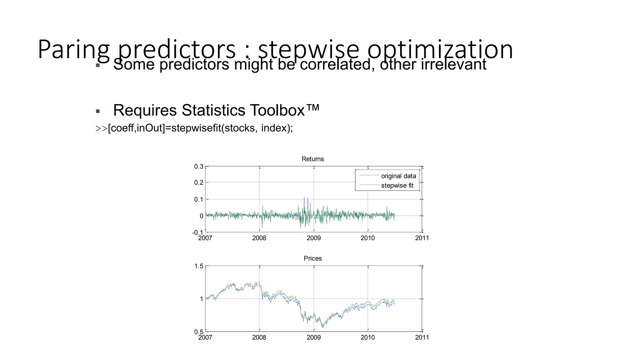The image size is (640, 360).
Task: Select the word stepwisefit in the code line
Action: coord(196,128)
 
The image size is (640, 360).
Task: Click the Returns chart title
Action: coord(312,159)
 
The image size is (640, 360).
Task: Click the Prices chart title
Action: coord(312,258)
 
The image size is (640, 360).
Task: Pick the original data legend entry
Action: coord(398,176)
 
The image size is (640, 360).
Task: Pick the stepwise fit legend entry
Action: coord(397,186)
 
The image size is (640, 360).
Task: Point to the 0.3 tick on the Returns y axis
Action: coord(199,167)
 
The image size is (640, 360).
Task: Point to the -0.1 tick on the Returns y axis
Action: coord(197,232)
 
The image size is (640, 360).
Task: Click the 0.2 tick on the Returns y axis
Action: coord(199,182)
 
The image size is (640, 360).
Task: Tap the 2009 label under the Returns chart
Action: coord(313,238)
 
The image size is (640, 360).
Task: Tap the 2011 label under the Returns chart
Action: coord(422,238)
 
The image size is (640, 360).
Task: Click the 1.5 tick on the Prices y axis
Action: coord(199,266)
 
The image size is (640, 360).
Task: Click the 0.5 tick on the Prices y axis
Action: coord(199,332)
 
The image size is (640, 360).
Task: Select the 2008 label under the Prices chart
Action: coord(259,337)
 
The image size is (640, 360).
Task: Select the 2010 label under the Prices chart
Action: coord(367,337)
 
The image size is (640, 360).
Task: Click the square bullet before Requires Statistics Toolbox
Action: coord(98,111)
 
